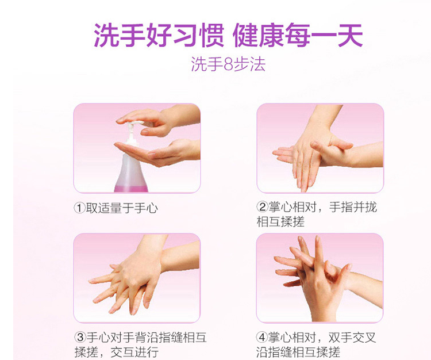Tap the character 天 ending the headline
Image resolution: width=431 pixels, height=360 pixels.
[x=351, y=36]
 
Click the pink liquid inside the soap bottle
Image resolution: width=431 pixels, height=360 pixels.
[x=131, y=189]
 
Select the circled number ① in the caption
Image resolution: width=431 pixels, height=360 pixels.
[x=79, y=208]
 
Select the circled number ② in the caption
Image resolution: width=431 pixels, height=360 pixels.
[x=262, y=207]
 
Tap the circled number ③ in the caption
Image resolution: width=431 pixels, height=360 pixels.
[x=80, y=337]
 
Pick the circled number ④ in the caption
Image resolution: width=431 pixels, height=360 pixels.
[x=262, y=337]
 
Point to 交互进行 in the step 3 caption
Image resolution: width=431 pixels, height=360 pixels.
[x=134, y=352]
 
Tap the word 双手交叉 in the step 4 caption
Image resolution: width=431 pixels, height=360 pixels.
[x=352, y=337]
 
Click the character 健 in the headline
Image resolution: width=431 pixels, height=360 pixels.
[x=245, y=36]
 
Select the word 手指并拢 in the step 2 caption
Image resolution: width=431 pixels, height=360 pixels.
[x=353, y=207]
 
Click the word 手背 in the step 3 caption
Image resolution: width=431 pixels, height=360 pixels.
[x=134, y=337]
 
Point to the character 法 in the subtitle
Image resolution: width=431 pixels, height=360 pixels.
[x=257, y=65]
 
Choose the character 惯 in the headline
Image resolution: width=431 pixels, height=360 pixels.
[x=213, y=36]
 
